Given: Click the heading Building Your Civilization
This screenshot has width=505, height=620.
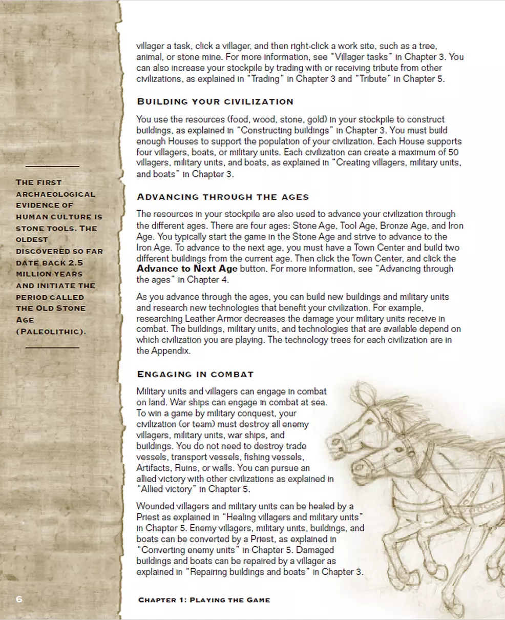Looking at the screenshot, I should click(215, 101).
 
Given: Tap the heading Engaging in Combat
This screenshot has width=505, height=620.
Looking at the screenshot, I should click(195, 374).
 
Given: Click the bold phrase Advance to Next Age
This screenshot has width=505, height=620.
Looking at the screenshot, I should click(187, 269).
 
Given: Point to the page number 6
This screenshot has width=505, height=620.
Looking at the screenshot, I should click(19, 599).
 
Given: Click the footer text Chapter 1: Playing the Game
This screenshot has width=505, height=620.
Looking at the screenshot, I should click(204, 600).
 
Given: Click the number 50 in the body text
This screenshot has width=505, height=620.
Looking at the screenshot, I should click(453, 152).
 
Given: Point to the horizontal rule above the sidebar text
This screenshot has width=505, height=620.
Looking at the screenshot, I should click(52, 166).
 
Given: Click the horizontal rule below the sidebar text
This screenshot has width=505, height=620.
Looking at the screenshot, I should click(52, 347).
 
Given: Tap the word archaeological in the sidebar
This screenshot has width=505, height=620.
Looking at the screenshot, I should click(55, 194).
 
